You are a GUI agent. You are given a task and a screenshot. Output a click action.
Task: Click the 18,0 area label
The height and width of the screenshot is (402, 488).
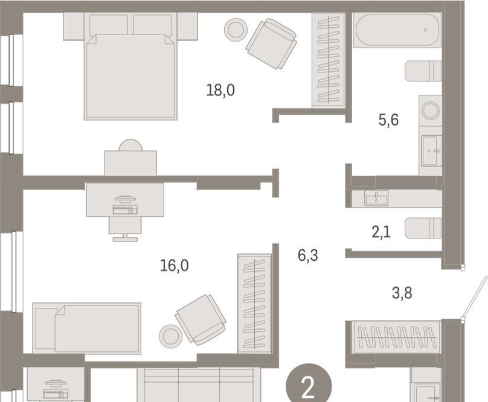(220, 91)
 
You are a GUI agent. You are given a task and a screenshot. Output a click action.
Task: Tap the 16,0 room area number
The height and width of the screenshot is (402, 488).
(175, 266)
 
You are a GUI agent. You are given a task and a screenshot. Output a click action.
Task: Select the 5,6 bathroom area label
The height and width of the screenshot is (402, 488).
(388, 120)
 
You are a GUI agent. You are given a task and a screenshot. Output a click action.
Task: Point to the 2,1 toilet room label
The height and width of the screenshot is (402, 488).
(381, 232)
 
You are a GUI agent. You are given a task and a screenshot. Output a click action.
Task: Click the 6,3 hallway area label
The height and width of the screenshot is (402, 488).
(308, 255)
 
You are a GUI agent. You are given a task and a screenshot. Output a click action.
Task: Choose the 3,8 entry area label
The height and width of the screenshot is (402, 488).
(402, 293)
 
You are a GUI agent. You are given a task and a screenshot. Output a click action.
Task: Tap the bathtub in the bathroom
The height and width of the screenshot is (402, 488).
(397, 30)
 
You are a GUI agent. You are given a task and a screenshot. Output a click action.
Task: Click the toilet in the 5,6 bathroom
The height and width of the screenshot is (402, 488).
(423, 71)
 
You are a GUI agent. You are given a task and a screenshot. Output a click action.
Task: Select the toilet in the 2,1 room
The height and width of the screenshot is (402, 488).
(423, 228)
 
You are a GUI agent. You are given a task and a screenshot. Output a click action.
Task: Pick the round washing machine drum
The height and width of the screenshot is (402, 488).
(431, 110)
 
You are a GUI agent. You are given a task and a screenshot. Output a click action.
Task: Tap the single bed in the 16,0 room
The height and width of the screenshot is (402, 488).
(87, 328)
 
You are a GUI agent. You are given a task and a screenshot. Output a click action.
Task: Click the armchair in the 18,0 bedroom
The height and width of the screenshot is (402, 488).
(271, 44)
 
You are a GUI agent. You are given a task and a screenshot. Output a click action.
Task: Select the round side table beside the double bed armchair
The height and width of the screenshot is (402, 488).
(236, 30)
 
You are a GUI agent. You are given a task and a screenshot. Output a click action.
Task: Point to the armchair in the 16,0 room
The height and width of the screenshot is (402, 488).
(201, 319)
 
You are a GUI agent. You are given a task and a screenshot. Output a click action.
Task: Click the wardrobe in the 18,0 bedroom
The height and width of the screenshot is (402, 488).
(329, 60)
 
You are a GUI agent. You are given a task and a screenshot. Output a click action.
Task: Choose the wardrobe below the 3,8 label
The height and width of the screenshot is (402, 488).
(396, 337)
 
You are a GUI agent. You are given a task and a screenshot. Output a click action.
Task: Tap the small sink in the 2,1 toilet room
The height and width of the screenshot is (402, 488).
(376, 198)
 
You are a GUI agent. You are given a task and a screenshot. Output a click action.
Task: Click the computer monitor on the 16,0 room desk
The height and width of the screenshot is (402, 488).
(125, 199)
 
